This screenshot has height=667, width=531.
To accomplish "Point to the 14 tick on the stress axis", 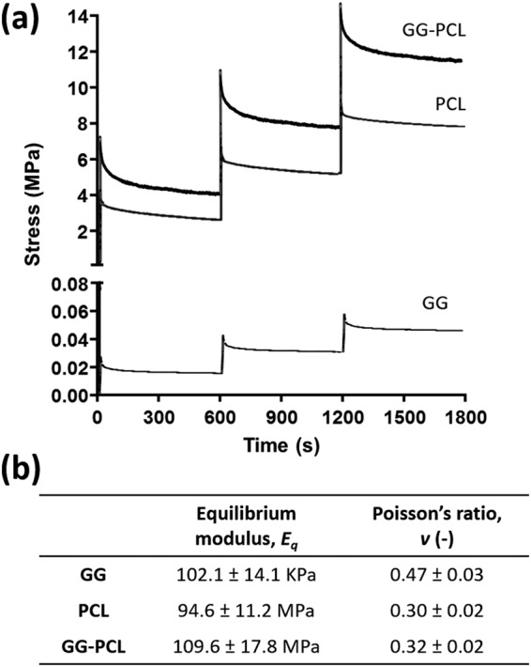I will (x=81, y=16).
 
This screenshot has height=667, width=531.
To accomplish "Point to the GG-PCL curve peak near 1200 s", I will (x=339, y=5).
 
